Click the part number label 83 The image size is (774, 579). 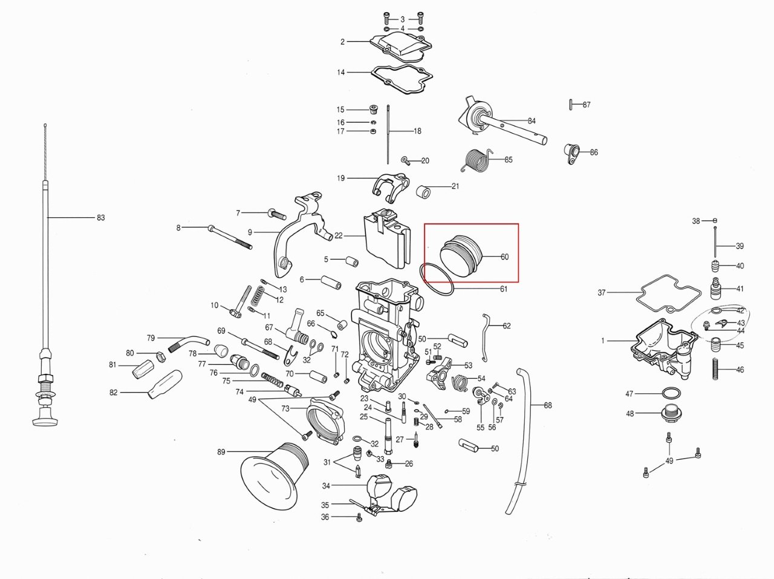[101, 218]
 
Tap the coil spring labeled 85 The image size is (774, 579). [476, 160]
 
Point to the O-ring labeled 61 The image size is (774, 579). [437, 280]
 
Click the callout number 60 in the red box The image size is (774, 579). [504, 257]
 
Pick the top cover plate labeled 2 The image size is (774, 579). [401, 45]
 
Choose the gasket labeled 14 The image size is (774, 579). [402, 79]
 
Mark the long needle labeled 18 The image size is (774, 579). [388, 134]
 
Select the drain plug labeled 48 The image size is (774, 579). [671, 413]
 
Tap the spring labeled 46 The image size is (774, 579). [715, 369]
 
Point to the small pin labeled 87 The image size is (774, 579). [571, 105]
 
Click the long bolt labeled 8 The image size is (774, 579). [230, 237]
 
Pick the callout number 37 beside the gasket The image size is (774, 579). [602, 292]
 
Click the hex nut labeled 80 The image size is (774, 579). [160, 356]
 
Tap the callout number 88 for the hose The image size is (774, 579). [548, 405]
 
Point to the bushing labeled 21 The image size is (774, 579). [423, 191]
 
